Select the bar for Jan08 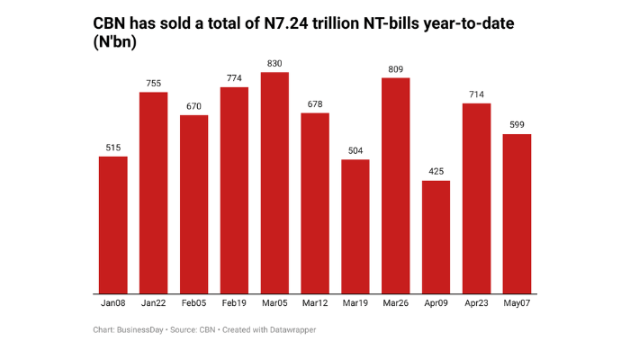[x=112, y=225]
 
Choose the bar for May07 [x=517, y=213]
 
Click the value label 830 [x=274, y=63]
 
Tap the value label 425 [x=436, y=171]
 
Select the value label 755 [x=153, y=83]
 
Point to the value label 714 [x=476, y=94]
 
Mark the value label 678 [x=315, y=103]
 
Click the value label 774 [x=234, y=78]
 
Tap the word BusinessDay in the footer [x=142, y=330]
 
